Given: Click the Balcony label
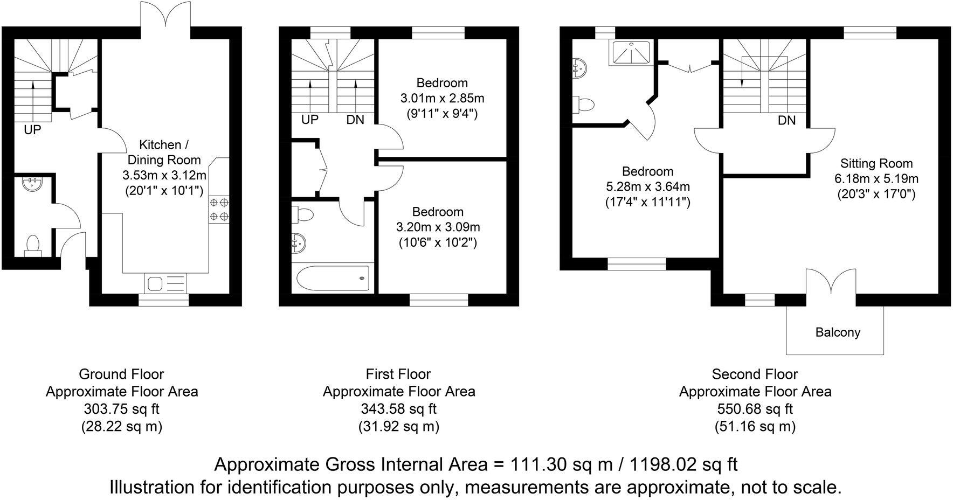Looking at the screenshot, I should coord(837,332).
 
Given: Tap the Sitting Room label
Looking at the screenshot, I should coord(876,163).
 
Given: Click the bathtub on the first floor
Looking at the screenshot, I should coord(333,278).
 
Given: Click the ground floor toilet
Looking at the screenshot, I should coord(32,244).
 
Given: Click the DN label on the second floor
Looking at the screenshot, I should coord(786,121).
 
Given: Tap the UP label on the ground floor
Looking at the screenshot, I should coord(32,130).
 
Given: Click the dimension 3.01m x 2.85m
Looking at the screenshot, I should coord(442,99).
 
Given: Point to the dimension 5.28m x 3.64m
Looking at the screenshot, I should coord(647,187).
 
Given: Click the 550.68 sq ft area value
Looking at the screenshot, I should coord(755,409).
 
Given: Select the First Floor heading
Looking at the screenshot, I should coord(398,374).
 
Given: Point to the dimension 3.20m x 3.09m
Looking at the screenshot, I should coord(438,227).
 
